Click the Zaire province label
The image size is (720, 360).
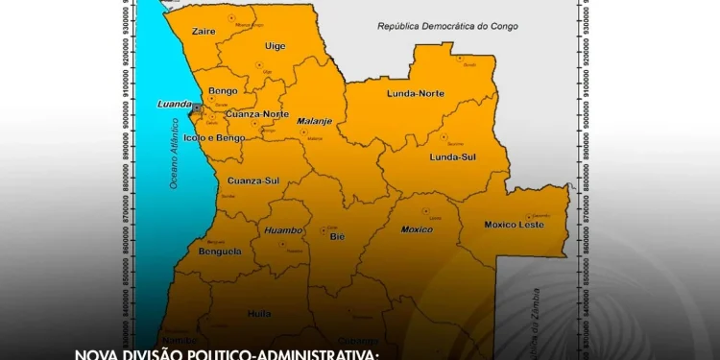204,32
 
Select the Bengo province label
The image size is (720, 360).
223,92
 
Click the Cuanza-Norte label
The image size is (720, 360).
257,114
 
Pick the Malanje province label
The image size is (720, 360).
313,122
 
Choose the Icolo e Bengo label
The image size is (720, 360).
222,137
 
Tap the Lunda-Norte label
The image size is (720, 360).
415,93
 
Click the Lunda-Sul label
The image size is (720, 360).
453,156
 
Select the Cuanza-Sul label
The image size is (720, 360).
253,180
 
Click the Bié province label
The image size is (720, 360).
336,235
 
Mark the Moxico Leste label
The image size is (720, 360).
514,225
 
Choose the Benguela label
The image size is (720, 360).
220,252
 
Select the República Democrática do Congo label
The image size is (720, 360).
447,27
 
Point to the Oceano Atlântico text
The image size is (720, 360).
175,154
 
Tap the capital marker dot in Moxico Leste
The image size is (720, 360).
528,216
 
